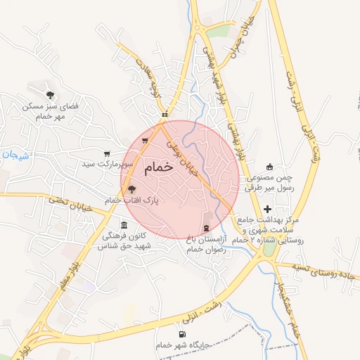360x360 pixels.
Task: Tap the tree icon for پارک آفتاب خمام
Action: [131, 188]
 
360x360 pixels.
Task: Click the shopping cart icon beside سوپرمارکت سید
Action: [106, 153]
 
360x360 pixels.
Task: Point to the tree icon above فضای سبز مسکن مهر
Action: [49, 94]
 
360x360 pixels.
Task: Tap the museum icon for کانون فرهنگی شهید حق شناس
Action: [124, 225]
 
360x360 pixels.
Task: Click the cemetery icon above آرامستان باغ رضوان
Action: [205, 228]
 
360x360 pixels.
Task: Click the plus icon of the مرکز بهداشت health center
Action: [267, 209]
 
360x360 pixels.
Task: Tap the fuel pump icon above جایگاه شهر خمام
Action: [183, 334]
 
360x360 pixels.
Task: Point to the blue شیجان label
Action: [11, 155]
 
